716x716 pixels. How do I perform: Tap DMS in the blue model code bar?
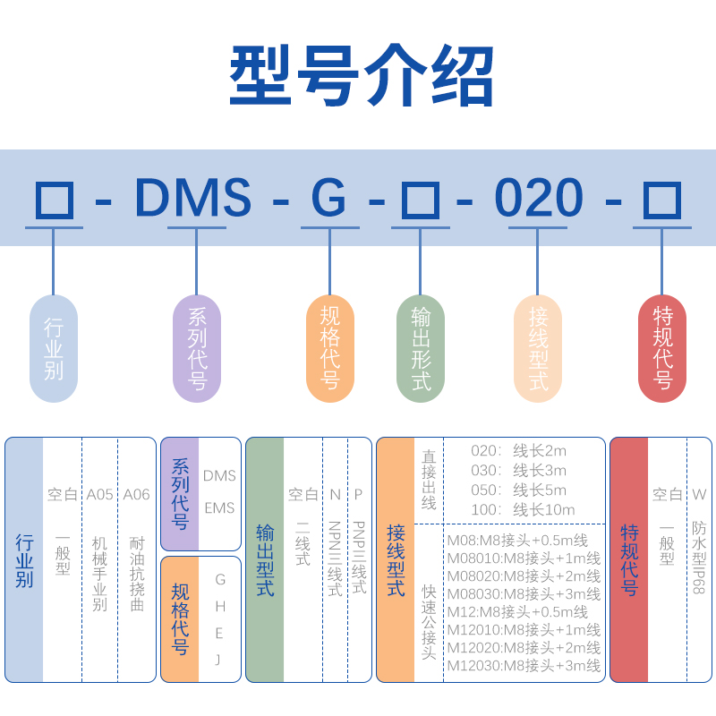(193, 199)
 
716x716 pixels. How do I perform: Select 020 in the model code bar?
(539, 199)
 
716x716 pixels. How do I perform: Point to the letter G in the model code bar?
(328, 199)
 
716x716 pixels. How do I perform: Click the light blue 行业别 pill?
(54, 349)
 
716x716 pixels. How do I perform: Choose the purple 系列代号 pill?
(197, 349)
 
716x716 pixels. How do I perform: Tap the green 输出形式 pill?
(421, 349)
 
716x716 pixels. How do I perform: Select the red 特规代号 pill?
(662, 349)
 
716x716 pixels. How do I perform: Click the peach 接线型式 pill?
(538, 349)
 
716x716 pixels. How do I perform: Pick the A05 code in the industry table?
(100, 494)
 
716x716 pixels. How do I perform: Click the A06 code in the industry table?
(136, 494)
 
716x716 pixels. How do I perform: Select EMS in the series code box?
(219, 507)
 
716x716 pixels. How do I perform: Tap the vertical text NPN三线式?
(335, 559)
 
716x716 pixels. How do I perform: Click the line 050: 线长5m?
(519, 490)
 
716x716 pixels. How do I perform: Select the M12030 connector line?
(524, 665)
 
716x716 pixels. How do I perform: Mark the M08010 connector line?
(524, 558)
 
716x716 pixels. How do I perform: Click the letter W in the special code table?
(699, 494)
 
